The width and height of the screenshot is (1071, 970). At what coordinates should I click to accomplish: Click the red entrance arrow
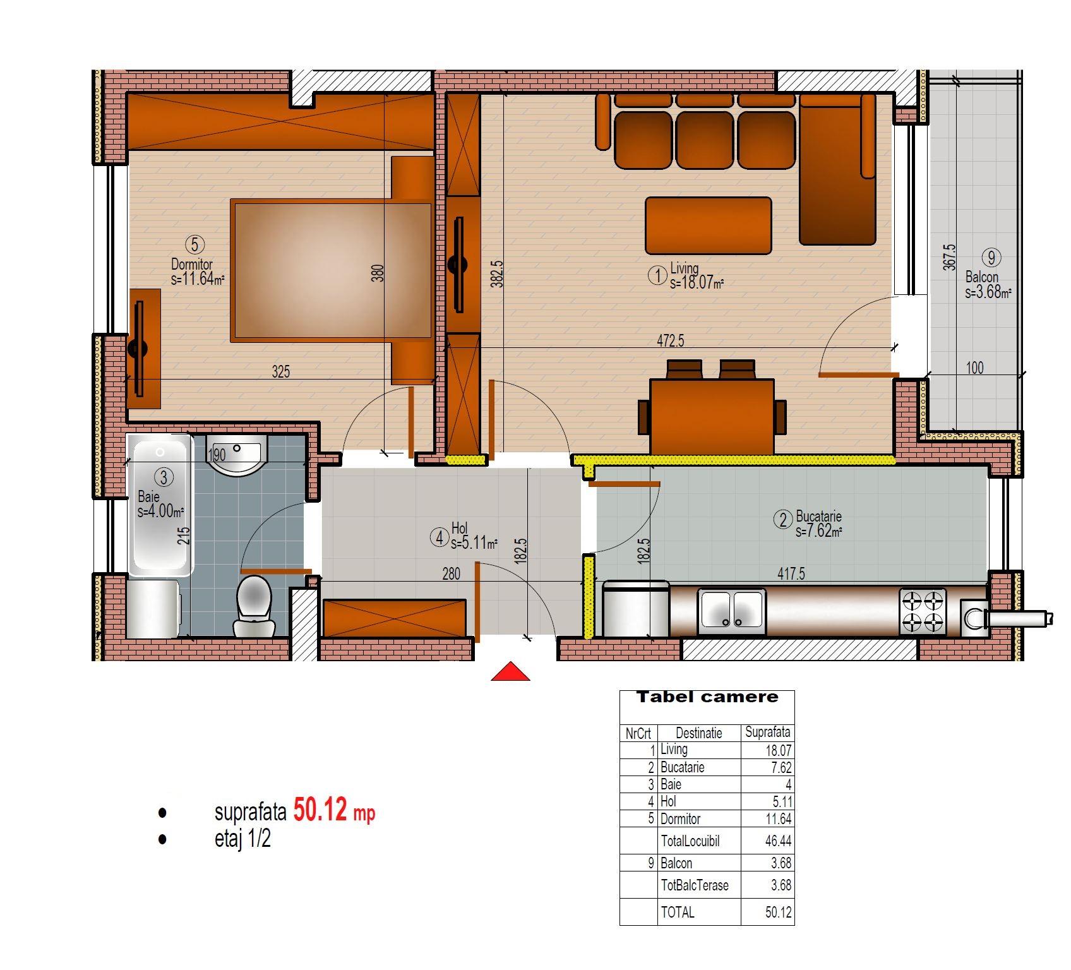point(510,671)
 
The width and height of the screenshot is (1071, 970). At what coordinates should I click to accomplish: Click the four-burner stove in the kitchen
point(923,611)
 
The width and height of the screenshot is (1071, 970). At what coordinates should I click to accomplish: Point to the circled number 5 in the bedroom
point(194,244)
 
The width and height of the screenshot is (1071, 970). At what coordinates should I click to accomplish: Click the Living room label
point(685,268)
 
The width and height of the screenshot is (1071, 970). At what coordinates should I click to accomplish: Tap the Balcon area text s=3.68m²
point(988,292)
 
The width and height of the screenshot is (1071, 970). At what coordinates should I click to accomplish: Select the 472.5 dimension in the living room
point(671,341)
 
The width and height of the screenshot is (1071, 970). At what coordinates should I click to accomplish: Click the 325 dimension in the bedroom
point(281,371)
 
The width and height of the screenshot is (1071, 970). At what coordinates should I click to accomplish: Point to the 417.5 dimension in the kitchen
point(791,573)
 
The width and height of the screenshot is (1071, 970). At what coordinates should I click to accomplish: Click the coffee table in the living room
point(708,225)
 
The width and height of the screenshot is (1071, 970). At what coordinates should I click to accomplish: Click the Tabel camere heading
point(707,697)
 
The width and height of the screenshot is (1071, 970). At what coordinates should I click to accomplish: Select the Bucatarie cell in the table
point(682,767)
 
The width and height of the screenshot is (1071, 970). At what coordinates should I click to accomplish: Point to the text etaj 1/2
point(242,839)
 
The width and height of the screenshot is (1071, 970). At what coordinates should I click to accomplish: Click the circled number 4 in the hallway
point(439,538)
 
